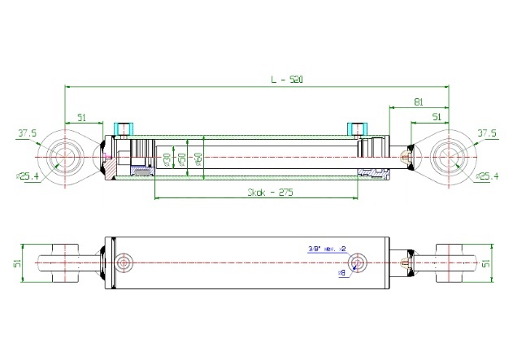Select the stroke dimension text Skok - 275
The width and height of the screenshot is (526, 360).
(270, 193)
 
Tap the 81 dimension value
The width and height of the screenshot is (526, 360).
(417, 102)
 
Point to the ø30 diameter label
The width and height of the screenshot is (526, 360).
(167, 158)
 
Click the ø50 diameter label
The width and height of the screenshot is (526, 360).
(183, 158)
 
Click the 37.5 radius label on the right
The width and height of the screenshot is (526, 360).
(487, 133)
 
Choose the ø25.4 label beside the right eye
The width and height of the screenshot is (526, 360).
(487, 176)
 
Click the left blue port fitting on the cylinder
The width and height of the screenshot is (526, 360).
(124, 128)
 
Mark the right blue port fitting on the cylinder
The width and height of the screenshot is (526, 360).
(355, 128)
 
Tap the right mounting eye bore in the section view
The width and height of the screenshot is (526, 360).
(447, 154)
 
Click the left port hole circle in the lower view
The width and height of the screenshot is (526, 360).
(124, 262)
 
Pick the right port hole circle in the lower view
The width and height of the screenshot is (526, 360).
(355, 262)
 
